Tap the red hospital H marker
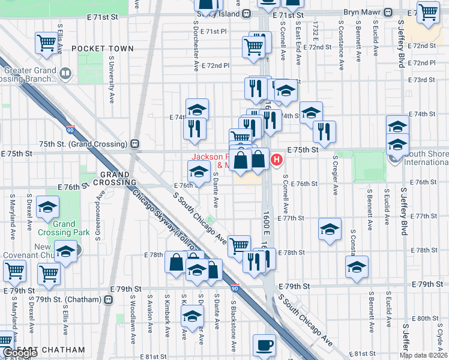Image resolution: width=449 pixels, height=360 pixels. coord(277,160)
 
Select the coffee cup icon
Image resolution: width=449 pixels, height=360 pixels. coord(264,345)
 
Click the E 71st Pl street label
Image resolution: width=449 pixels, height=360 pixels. coord(214,31)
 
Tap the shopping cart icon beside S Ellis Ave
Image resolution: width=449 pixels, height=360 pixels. coord(46,43)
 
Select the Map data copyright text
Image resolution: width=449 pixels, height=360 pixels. coord(423,355)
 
